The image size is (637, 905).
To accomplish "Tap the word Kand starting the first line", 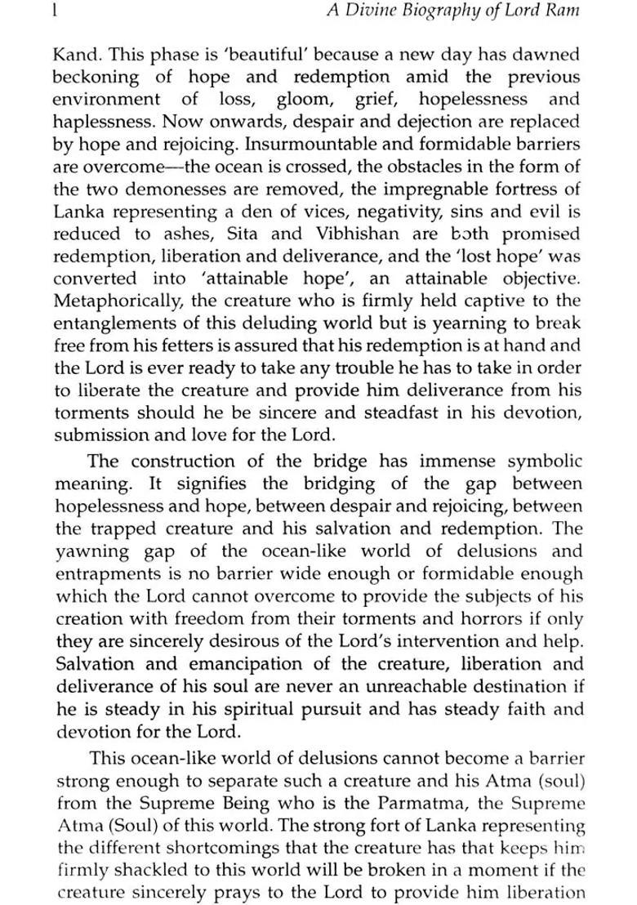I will pos(76,55).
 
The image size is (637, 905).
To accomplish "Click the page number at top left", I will pos(53,11).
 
